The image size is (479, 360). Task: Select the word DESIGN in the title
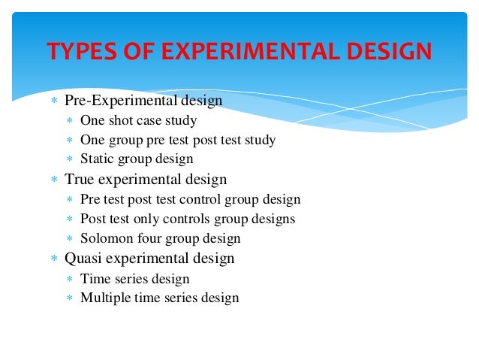pyautogui.click(x=387, y=52)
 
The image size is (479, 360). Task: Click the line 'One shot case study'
pyautogui.click(x=139, y=120)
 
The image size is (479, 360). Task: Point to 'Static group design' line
pyautogui.click(x=137, y=159)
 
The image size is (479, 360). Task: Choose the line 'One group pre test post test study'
pyautogui.click(x=178, y=140)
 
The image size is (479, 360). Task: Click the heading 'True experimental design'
pyautogui.click(x=146, y=180)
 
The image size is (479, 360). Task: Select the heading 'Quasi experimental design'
pyautogui.click(x=149, y=259)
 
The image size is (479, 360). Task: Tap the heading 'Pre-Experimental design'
pyautogui.click(x=143, y=101)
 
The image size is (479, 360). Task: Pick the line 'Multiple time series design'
pyautogui.click(x=159, y=298)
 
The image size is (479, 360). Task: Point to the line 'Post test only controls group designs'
pyautogui.click(x=188, y=219)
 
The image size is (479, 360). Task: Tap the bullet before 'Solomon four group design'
pyautogui.click(x=69, y=240)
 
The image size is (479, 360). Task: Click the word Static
pyautogui.click(x=97, y=159)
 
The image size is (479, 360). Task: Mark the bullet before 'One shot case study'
pyautogui.click(x=69, y=121)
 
